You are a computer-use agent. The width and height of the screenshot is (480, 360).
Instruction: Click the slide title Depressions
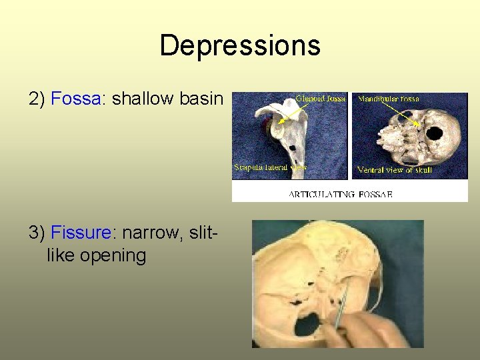(240, 45)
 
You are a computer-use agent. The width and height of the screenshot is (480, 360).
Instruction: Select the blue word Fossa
(75, 99)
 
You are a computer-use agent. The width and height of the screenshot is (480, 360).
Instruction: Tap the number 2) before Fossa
(37, 99)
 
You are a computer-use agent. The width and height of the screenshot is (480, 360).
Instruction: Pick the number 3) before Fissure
(37, 233)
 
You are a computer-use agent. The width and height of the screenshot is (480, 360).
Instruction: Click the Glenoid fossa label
(320, 99)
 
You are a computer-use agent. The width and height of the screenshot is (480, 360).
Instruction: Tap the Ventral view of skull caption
(395, 170)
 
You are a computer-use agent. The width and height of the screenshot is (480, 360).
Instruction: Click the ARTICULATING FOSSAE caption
(340, 194)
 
